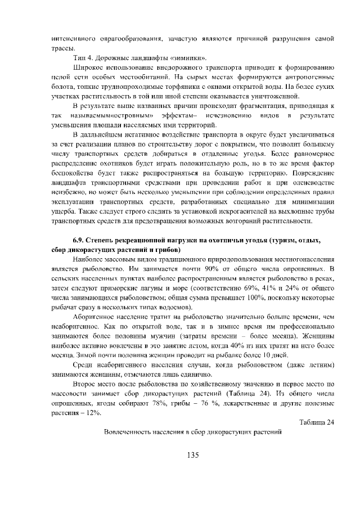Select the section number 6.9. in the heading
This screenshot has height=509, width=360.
(80, 240)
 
